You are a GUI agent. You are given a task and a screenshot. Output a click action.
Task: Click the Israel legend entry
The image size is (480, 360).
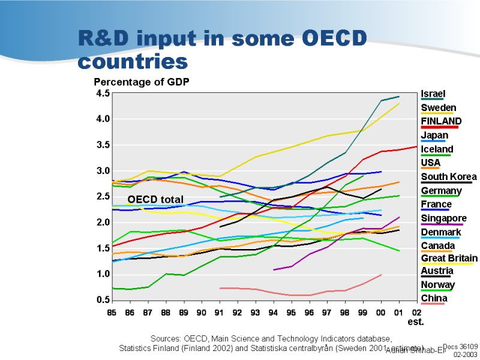click(x=433, y=94)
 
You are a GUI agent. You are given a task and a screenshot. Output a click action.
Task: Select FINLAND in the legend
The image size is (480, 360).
click(x=441, y=121)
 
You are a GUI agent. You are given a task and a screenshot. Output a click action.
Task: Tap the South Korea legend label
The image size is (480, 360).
click(x=449, y=176)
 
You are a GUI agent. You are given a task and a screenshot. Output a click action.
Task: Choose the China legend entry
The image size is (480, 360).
click(x=434, y=298)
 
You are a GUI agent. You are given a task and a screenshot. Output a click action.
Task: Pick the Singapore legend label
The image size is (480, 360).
click(x=444, y=218)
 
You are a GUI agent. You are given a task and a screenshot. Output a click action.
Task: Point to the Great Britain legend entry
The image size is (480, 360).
click(x=449, y=259)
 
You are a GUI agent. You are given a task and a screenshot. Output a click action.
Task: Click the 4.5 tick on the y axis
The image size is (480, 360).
click(x=103, y=93)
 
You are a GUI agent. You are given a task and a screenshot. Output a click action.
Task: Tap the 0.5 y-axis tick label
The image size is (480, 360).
click(x=103, y=300)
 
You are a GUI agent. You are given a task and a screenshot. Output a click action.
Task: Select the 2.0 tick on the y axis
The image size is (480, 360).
click(x=103, y=223)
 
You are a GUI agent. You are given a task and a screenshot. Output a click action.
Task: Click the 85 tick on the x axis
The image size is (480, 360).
click(x=112, y=313)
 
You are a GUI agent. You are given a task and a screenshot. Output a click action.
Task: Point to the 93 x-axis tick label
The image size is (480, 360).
click(x=255, y=313)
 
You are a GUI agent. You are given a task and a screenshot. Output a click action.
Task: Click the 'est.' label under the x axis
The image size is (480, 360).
click(x=416, y=322)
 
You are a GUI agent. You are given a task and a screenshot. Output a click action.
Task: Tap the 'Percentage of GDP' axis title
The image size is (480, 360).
click(x=141, y=82)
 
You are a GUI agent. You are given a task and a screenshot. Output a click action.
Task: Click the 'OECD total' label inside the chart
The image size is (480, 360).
click(x=155, y=199)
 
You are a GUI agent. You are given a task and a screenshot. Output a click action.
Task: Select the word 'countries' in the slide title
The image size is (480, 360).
click(x=133, y=61)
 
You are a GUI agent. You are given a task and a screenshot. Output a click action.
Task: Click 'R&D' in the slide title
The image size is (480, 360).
click(x=103, y=38)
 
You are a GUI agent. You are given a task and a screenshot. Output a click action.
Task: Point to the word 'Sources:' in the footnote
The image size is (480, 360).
click(x=166, y=339)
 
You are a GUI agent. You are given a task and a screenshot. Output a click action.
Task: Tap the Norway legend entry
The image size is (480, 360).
click(x=438, y=285)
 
